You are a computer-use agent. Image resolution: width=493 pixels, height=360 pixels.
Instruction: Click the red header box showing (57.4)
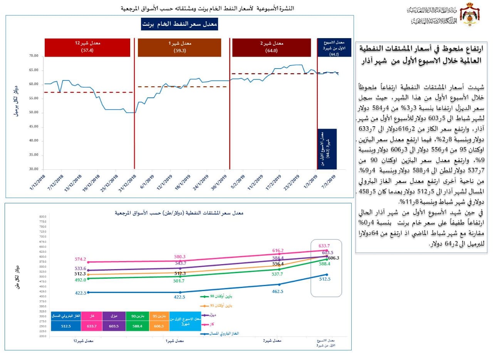pyautogui.click(x=89, y=47)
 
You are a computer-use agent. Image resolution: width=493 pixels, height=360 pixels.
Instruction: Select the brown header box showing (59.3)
pyautogui.click(x=179, y=47)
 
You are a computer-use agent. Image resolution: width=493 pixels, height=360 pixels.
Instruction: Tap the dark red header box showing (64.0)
pyautogui.click(x=271, y=47)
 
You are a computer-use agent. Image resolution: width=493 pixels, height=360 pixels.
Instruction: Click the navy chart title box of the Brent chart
pyautogui.click(x=180, y=24)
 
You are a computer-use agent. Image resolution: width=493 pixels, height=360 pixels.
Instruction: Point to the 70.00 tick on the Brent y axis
pyautogui.click(x=34, y=56)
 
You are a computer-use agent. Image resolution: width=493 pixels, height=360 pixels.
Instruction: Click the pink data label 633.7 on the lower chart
pyautogui.click(x=324, y=246)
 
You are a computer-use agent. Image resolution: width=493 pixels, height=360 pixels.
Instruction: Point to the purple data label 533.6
pyautogui.click(x=81, y=268)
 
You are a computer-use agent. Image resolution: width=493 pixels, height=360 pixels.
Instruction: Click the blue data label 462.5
pyautogui.click(x=277, y=291)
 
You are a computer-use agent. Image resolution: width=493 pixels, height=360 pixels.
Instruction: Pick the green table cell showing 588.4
pyautogui.click(x=137, y=326)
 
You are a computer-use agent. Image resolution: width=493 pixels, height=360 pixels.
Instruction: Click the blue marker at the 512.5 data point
pyautogui.click(x=327, y=275)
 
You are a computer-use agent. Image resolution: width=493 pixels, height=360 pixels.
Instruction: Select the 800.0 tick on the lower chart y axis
pyautogui.click(x=42, y=217)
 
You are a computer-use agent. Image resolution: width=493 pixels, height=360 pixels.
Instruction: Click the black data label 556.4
pyautogui.click(x=278, y=264)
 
